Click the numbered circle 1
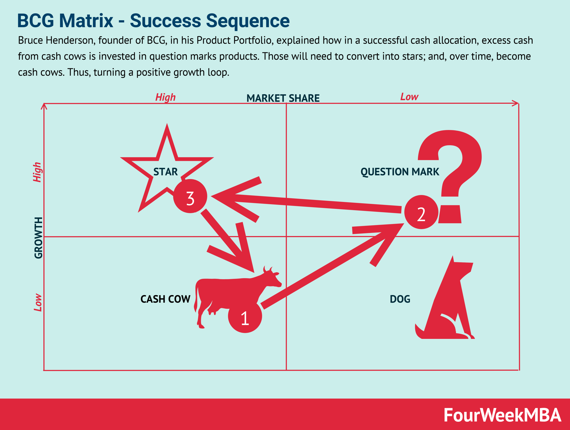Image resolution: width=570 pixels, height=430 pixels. pyautogui.click(x=245, y=316)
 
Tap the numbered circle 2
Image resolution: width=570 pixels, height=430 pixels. pyautogui.click(x=421, y=212)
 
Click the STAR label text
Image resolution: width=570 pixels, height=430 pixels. pyautogui.click(x=165, y=172)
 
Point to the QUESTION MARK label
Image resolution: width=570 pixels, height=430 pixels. pyautogui.click(x=400, y=172)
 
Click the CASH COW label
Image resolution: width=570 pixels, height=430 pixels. pyautogui.click(x=165, y=299)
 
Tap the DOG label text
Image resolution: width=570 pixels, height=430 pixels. pyautogui.click(x=400, y=299)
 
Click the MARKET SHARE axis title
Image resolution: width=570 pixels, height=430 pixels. pyautogui.click(x=283, y=98)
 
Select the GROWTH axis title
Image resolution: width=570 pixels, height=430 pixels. pyautogui.click(x=38, y=238)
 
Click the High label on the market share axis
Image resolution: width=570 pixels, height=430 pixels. pyautogui.click(x=165, y=97)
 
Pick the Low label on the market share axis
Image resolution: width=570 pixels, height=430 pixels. pyautogui.click(x=409, y=97)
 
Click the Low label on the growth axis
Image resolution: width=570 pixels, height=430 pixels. pyautogui.click(x=38, y=302)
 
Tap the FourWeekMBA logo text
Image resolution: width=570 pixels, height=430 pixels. pyautogui.click(x=502, y=415)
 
